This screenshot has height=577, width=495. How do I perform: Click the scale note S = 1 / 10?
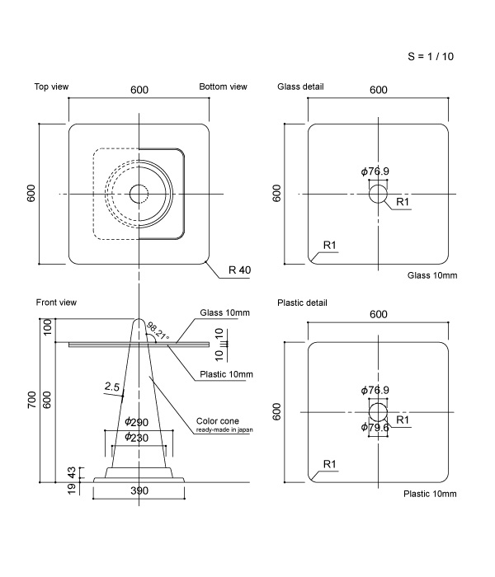pos(431,57)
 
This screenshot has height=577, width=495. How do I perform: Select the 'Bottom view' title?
pos(223,87)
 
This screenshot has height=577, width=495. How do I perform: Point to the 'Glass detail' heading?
pos(300,87)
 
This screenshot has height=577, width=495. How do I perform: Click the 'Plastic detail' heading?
pos(302,303)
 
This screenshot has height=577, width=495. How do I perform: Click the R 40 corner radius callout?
pos(239,270)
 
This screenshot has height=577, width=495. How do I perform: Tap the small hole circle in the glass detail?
pos(377,195)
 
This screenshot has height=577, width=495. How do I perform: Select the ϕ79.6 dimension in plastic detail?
pos(375,427)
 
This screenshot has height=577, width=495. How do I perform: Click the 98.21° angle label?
pos(158,331)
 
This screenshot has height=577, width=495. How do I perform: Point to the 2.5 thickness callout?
pos(113,386)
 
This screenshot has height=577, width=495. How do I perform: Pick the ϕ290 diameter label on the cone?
pos(136,423)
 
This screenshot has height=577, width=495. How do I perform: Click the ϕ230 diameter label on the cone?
pos(136,438)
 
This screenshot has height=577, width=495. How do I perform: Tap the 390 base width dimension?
pos(140,491)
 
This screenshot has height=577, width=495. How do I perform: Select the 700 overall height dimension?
pos(31,401)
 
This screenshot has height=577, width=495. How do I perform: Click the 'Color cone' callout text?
pos(216,421)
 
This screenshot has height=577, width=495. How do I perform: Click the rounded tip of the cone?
pos(140,321)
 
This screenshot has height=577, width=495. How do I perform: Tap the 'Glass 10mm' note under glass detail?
pos(432,274)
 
